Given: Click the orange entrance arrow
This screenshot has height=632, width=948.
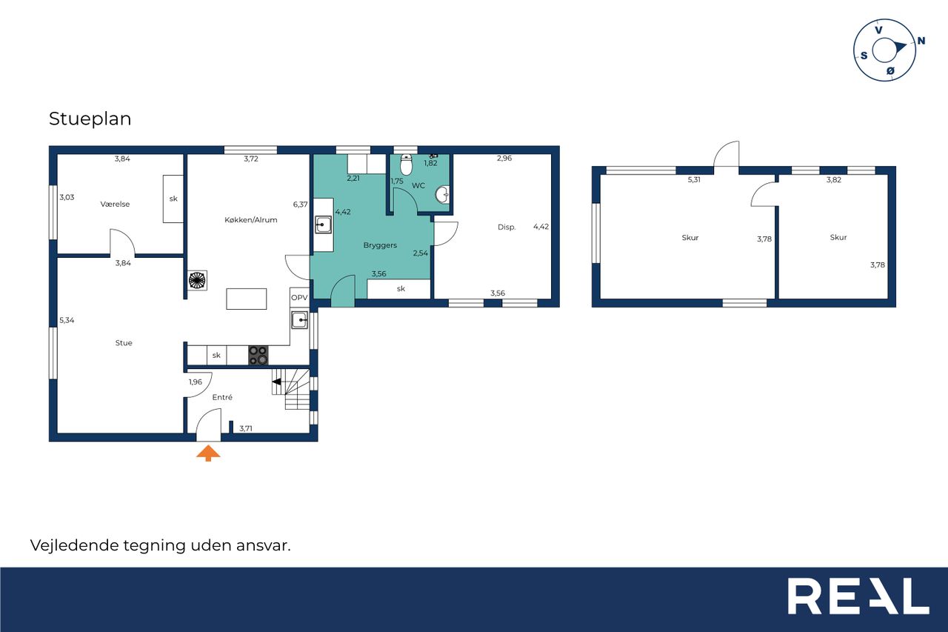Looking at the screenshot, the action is pos(208,453).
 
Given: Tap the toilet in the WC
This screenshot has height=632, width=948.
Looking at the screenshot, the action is pos(406,164).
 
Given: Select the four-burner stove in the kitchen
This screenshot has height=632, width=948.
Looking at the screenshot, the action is pos(258,356).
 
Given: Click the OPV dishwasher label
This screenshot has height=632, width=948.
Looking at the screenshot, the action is pos(299,298).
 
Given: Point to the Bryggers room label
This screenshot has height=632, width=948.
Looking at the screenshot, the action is pos(380,245).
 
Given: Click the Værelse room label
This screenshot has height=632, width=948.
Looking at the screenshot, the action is pos(115,204).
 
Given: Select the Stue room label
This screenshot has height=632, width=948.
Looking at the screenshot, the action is pos(124,343).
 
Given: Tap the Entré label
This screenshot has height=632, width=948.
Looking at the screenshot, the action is pos(222,397).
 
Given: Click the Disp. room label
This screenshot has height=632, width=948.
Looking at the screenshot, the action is pos(507,227).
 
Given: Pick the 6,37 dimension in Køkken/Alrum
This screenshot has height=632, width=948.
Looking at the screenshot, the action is pos(300,204).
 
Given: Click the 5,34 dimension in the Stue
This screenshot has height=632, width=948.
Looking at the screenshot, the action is pos(67,320).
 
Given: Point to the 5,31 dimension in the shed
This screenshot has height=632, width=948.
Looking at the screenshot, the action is pos(694,179).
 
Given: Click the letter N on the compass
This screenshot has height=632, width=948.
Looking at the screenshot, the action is pos(921,41).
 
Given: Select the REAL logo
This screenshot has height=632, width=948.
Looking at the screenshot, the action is pos(858,596).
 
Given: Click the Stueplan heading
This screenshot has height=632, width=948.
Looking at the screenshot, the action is pos(90,119).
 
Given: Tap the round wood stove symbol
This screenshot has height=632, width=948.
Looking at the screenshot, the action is pos(197,280).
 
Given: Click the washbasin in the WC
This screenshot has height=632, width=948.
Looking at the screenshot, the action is pos(442,195).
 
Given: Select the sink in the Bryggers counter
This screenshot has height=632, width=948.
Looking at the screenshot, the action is pos(323,224).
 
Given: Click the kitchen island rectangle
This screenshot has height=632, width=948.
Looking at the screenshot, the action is pos(247,299).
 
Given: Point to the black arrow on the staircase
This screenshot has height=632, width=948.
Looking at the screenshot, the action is pos(276,382).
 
